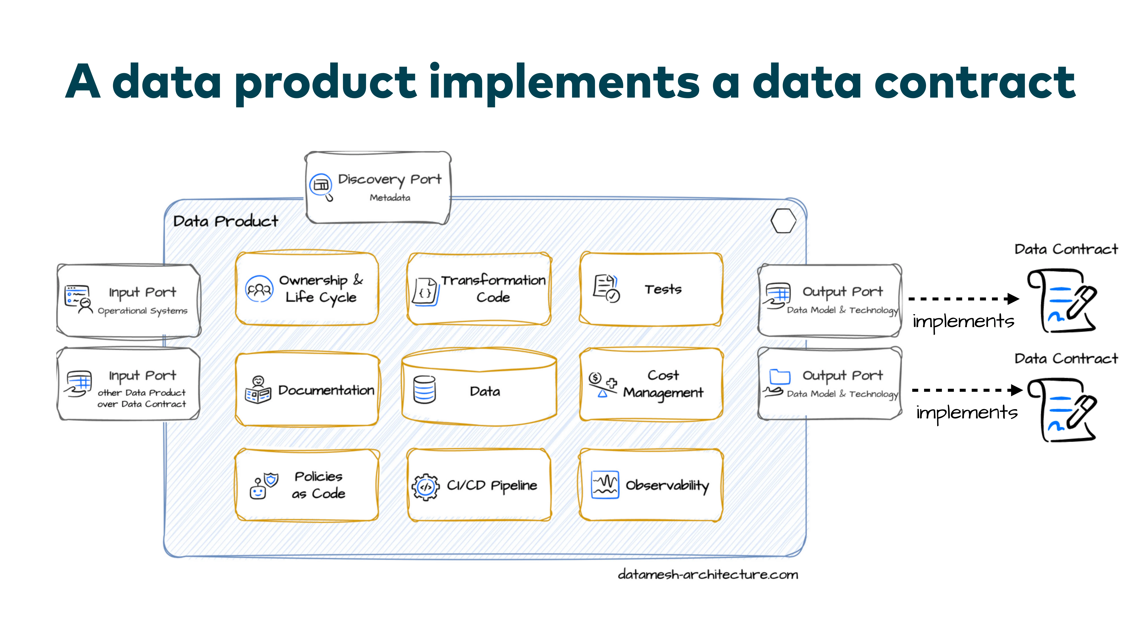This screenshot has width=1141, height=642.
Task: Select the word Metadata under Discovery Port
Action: [390, 198]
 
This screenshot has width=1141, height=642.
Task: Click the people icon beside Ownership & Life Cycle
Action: [259, 289]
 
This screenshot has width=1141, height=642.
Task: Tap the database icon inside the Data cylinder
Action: [424, 390]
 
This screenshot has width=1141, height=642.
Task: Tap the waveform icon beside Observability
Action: [605, 484]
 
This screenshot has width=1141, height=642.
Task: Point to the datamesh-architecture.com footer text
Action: [708, 575]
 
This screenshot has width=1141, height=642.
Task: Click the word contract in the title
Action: [974, 82]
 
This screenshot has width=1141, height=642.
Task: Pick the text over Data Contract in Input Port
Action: [142, 404]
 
